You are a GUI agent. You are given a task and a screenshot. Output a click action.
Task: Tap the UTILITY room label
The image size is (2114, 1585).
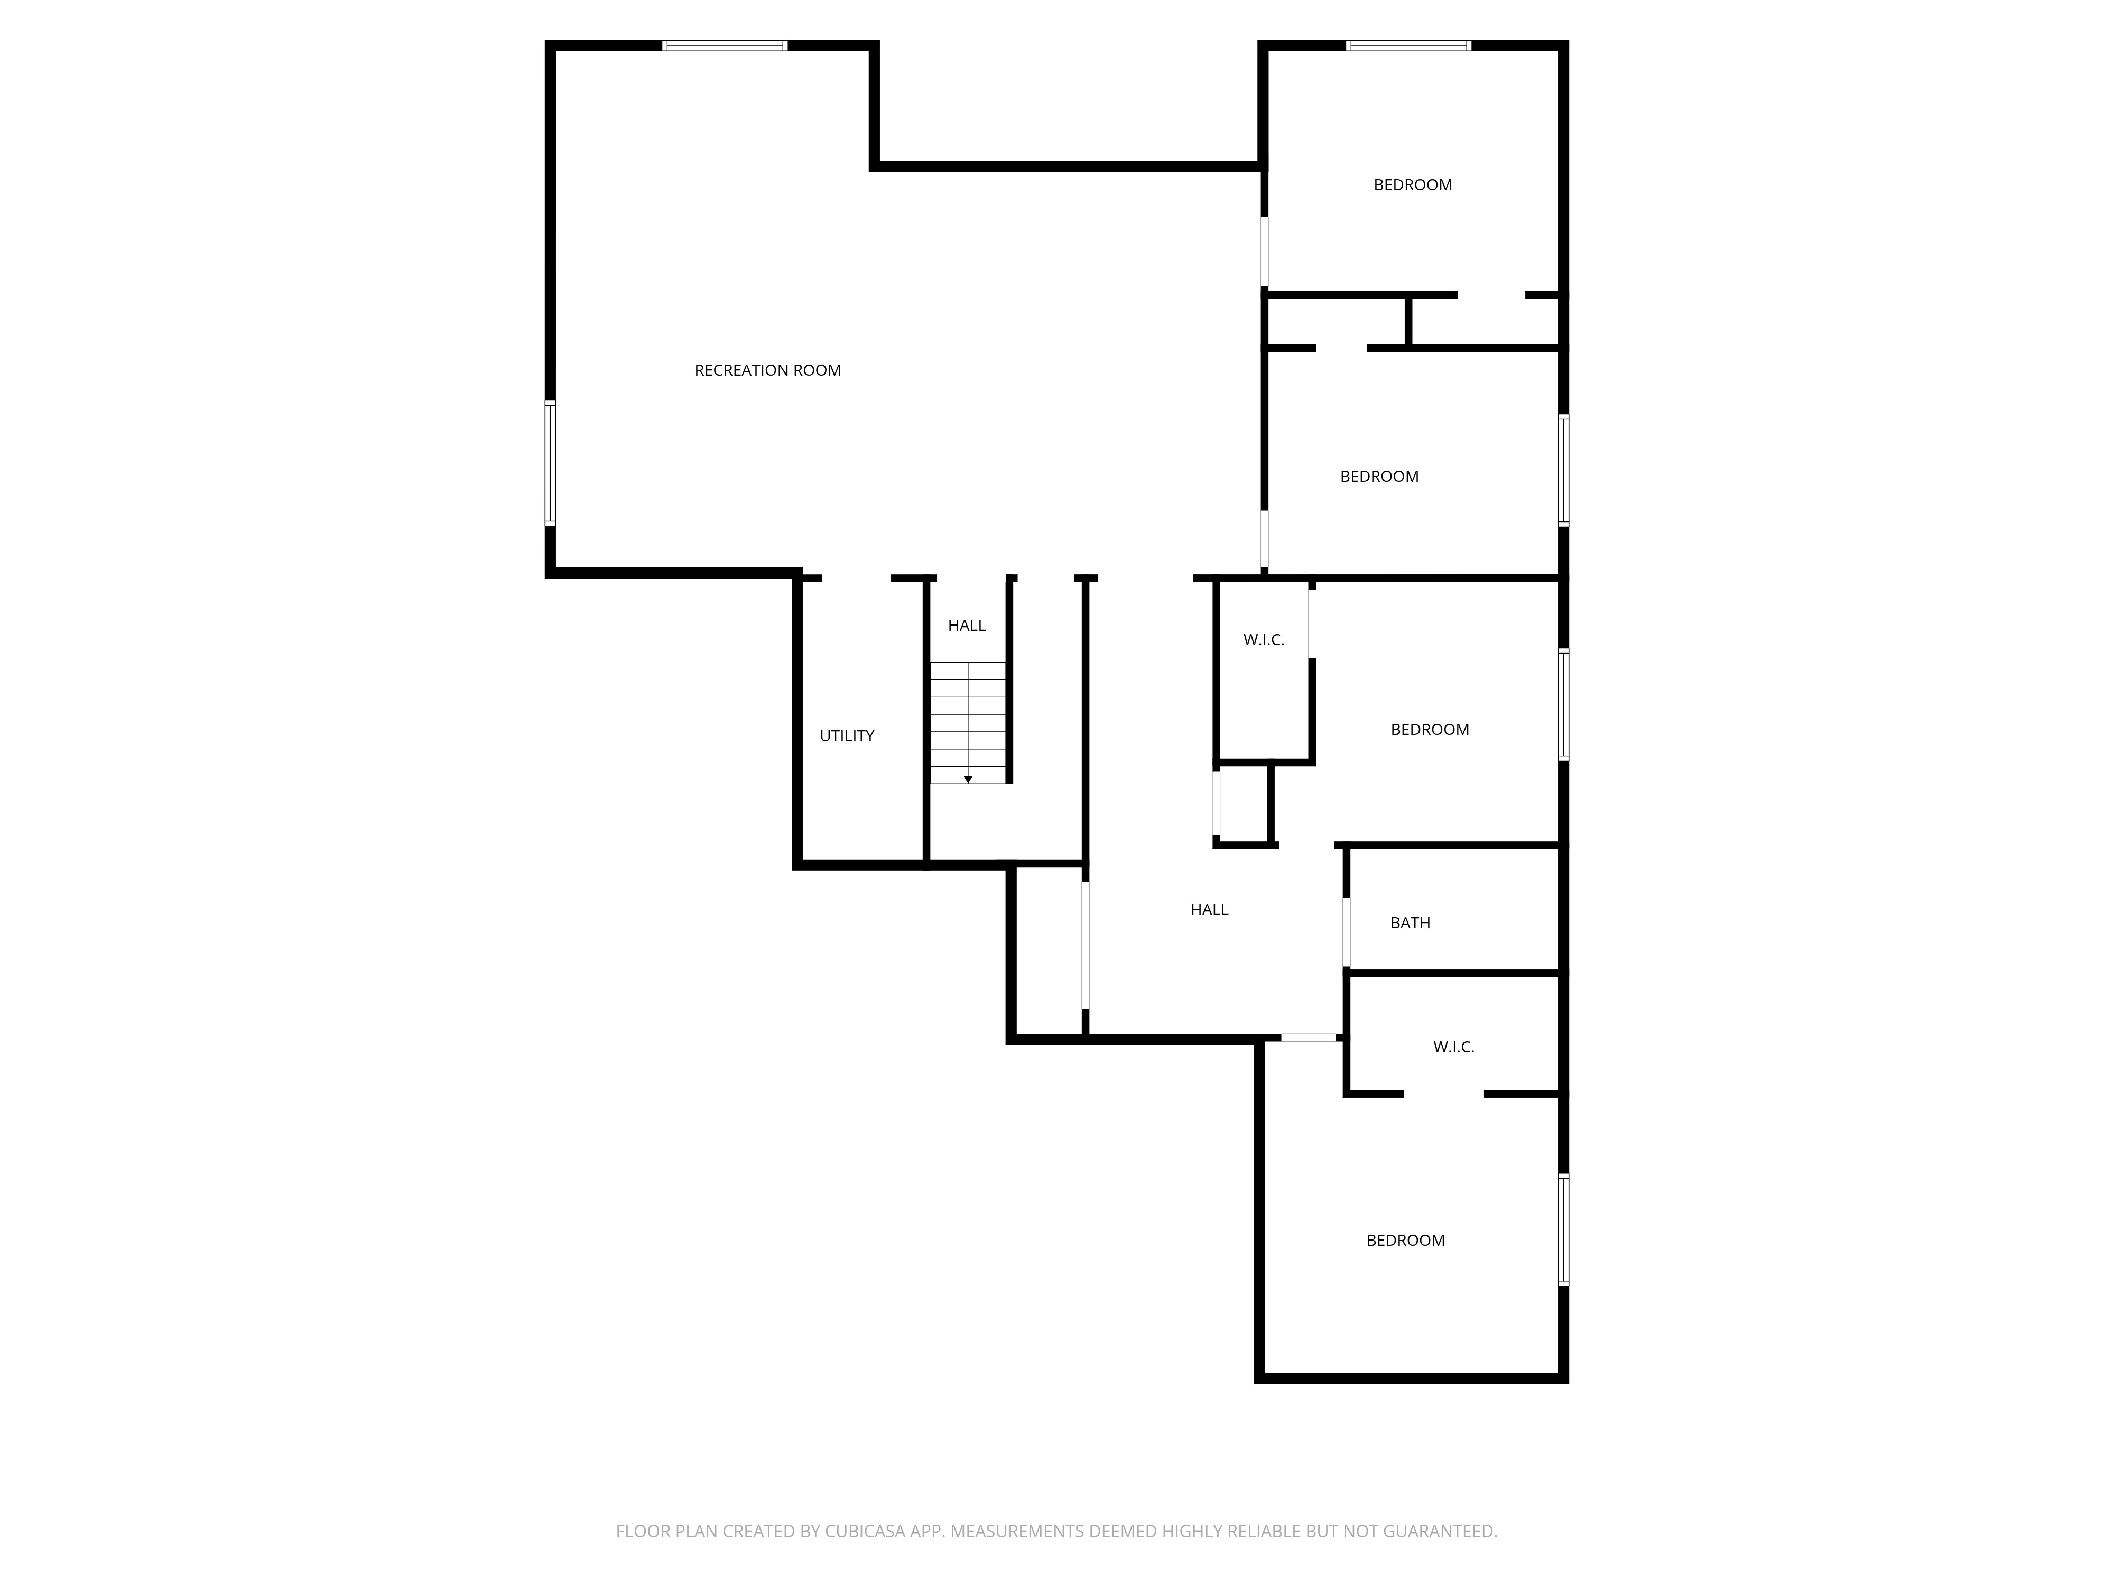pyautogui.click(x=847, y=735)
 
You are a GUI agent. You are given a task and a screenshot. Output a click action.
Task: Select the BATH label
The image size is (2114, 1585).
pyautogui.click(x=1410, y=923)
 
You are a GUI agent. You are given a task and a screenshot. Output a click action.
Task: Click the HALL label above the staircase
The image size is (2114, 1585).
pyautogui.click(x=966, y=626)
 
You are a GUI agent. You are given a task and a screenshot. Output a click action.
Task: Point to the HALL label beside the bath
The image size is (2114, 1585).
pyautogui.click(x=1209, y=910)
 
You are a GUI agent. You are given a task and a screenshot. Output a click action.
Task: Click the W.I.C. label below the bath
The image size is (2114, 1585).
pyautogui.click(x=1453, y=1047)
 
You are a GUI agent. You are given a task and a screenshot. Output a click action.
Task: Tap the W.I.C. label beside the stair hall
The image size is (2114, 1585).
pyautogui.click(x=1264, y=640)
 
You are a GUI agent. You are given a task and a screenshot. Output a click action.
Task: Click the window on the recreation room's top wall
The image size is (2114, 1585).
pyautogui.click(x=726, y=45)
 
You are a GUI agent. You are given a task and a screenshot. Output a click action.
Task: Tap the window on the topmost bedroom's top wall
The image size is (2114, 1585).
pyautogui.click(x=1408, y=45)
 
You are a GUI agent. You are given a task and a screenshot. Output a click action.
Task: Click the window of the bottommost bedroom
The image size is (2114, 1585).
pyautogui.click(x=1563, y=1228)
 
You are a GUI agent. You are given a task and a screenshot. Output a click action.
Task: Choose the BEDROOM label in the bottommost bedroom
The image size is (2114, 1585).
pyautogui.click(x=1405, y=1240)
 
